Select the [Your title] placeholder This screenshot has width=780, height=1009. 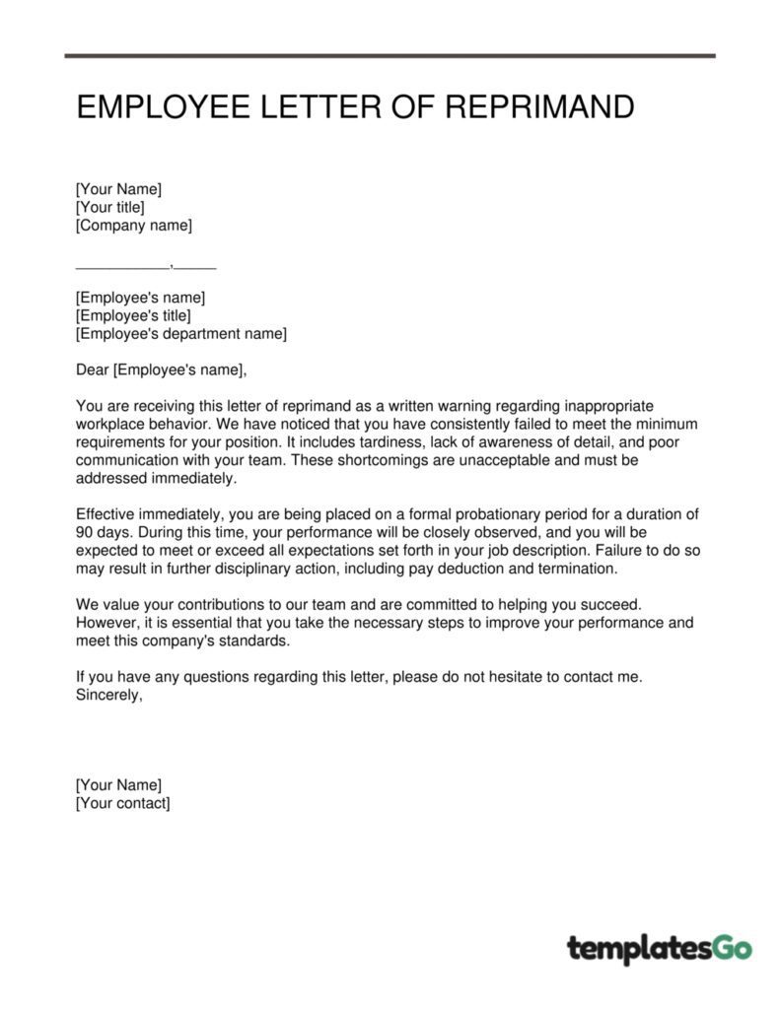click(x=110, y=207)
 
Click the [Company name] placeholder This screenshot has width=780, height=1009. click(x=134, y=226)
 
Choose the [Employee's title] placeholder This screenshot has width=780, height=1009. click(x=133, y=315)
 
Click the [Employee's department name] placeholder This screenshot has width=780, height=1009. click(x=181, y=334)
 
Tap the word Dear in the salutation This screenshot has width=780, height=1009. click(x=93, y=370)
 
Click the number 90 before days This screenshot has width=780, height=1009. click(x=85, y=532)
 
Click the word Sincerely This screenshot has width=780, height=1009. click(x=108, y=695)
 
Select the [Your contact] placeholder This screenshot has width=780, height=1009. click(x=122, y=803)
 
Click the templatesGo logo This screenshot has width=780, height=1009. click(x=659, y=948)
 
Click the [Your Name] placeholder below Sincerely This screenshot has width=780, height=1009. click(x=118, y=784)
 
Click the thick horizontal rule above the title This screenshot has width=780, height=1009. click(x=390, y=56)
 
